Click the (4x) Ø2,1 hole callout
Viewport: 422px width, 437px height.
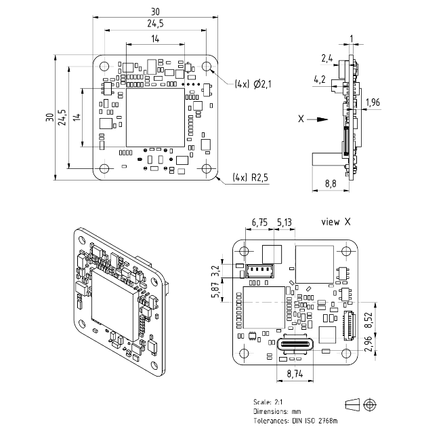(253, 84)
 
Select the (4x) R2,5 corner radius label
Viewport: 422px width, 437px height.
(251, 178)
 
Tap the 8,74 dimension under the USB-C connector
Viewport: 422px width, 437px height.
(295, 374)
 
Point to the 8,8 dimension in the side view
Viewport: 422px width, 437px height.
(331, 184)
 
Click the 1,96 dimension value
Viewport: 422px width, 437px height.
(373, 102)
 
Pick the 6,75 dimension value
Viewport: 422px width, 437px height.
(259, 223)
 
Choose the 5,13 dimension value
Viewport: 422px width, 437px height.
(284, 223)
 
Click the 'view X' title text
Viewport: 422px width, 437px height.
(336, 222)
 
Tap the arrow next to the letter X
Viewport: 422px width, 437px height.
(318, 119)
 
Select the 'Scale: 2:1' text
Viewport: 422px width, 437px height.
(268, 402)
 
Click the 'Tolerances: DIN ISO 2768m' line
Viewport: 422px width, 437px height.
(295, 421)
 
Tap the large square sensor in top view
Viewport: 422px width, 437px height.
(155, 117)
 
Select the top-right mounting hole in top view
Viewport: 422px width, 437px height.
(207, 66)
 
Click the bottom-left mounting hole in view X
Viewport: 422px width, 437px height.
(244, 354)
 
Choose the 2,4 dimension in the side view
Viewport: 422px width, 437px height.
(327, 58)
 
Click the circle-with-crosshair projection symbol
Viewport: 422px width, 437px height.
(370, 404)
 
